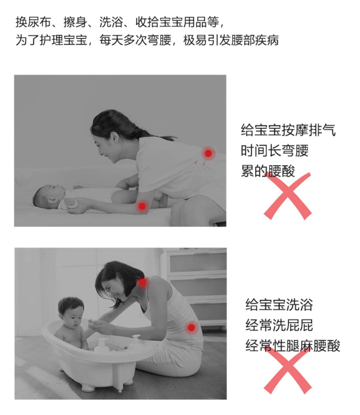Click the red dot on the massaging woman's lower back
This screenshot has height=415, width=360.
(x=208, y=153)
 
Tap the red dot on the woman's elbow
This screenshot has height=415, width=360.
(x=142, y=206)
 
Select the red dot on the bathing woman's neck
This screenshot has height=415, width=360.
(x=143, y=282)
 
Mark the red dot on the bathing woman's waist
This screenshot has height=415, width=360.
(x=191, y=328)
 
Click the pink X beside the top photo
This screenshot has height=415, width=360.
(x=288, y=196)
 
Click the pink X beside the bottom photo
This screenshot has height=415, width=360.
(x=288, y=370)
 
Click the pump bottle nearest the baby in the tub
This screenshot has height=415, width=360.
(x=102, y=345)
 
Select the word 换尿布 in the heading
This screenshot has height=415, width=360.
(x=33, y=22)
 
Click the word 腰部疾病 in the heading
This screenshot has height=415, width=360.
(x=254, y=40)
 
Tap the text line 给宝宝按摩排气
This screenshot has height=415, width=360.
(x=288, y=130)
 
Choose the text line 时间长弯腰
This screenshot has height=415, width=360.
(x=275, y=151)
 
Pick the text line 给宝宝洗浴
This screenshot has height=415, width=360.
(x=279, y=305)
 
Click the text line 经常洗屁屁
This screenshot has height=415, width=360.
(x=279, y=325)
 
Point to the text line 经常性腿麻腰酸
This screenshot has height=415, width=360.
(x=292, y=346)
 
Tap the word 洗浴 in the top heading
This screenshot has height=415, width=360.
(x=111, y=22)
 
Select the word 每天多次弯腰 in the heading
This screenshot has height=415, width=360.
(x=135, y=40)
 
